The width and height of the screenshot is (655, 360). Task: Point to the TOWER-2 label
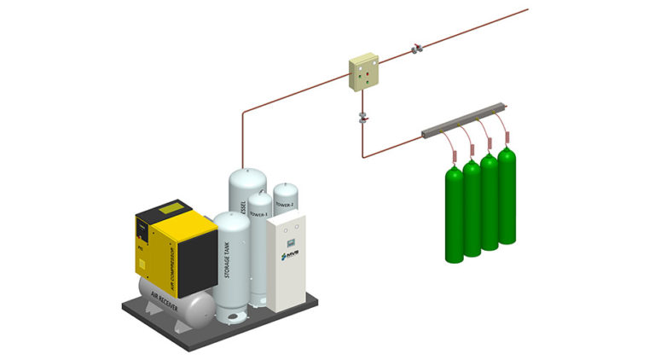click(285, 205)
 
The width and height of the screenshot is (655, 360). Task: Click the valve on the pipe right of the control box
click(415, 48)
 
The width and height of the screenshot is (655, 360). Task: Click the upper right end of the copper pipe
click(526, 10)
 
